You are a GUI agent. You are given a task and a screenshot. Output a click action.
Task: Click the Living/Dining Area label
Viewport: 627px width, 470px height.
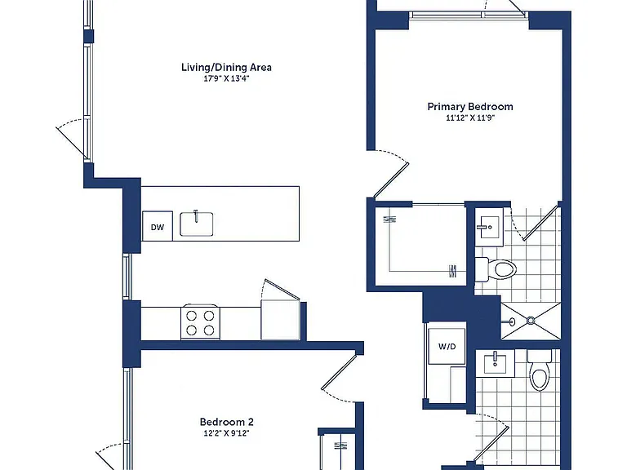(x=226, y=67)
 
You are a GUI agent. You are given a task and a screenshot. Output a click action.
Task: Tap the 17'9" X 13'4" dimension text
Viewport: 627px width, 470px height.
(x=226, y=78)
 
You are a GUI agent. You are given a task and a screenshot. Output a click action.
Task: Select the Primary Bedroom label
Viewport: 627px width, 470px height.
(x=470, y=107)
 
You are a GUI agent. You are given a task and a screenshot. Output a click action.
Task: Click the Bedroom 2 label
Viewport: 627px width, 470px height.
(x=227, y=422)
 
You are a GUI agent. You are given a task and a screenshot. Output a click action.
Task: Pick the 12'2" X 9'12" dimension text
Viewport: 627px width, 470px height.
(x=227, y=433)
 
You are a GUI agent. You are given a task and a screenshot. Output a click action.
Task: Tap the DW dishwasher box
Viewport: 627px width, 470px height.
(x=158, y=226)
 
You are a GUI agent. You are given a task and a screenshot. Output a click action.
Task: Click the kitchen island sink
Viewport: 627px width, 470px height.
(x=196, y=224)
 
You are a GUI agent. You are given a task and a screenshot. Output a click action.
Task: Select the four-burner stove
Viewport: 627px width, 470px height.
(x=200, y=322)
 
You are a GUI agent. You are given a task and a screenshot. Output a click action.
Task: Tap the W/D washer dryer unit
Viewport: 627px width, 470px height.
(x=447, y=346)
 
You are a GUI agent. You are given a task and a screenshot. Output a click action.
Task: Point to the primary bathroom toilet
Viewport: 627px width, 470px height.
(x=496, y=269)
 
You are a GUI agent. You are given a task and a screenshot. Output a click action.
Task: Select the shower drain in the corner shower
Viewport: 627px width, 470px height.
(x=531, y=320)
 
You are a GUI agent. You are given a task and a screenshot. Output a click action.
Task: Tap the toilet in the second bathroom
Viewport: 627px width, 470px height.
(x=540, y=370)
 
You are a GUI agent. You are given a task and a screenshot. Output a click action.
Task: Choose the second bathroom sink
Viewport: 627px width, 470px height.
(x=495, y=363)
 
